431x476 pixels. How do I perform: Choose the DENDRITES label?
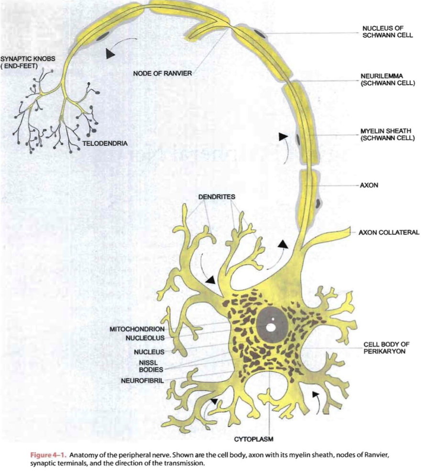pyautogui.click(x=216, y=197)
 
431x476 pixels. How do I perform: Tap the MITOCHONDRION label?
pyautogui.click(x=137, y=329)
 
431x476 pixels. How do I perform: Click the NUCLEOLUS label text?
pyautogui.click(x=145, y=338)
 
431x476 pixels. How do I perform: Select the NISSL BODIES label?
pyautogui.click(x=151, y=365)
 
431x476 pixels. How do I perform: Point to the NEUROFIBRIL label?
pyautogui.click(x=143, y=381)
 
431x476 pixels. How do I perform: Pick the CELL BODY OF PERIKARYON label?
pyautogui.click(x=386, y=348)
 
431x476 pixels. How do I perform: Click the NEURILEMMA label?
pyautogui.click(x=387, y=79)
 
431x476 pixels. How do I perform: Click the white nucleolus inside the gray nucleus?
pyautogui.click(x=271, y=328)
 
